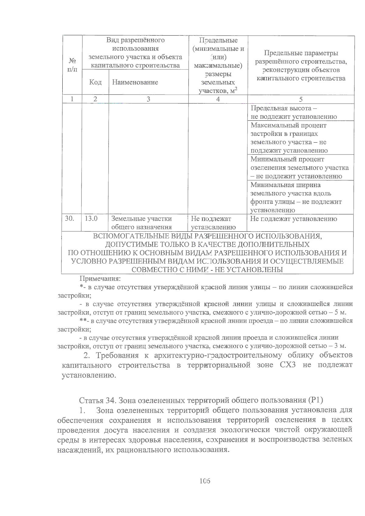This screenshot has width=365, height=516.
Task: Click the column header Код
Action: (95, 82)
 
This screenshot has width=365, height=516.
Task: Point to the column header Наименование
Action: (135, 82)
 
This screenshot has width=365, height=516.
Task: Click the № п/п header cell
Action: (72, 65)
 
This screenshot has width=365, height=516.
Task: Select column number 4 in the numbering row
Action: (218, 99)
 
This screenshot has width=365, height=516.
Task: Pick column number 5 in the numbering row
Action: (301, 99)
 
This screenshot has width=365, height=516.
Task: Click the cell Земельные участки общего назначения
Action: (142, 223)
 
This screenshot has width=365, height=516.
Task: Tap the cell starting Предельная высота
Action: (294, 112)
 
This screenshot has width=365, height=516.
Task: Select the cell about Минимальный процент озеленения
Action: (300, 168)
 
